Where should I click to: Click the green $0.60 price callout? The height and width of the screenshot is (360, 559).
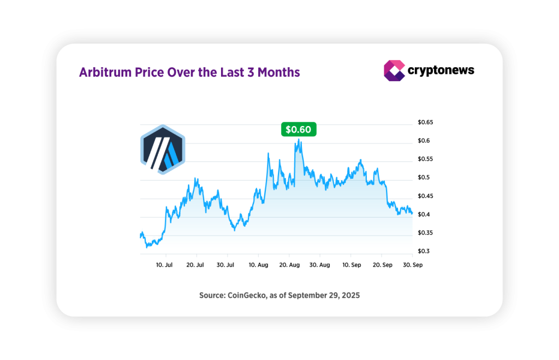point(299,129)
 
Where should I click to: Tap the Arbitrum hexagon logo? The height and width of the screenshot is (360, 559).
point(163,149)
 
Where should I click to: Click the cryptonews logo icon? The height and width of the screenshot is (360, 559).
point(394,70)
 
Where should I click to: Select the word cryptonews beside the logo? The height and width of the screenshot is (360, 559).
point(441,70)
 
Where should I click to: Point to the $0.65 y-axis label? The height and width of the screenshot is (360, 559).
point(425,122)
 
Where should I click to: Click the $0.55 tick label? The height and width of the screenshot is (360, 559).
point(425,159)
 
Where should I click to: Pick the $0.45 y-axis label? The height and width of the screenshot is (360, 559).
point(425,196)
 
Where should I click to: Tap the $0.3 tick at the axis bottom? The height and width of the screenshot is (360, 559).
point(424,251)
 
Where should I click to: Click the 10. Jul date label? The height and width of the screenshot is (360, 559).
point(164,265)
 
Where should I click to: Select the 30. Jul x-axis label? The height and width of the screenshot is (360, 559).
point(225,265)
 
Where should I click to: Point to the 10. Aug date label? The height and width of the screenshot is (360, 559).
point(258,265)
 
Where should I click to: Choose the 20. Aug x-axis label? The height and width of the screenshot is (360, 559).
point(289,265)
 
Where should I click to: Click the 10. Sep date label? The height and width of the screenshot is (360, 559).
point(352,265)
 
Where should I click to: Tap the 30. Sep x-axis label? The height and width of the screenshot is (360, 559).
point(413,265)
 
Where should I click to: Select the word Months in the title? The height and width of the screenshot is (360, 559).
point(278,73)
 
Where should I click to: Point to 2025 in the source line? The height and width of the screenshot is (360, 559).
point(351,295)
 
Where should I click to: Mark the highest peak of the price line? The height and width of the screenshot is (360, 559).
point(299,139)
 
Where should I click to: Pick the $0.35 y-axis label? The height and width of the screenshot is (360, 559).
point(425,233)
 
